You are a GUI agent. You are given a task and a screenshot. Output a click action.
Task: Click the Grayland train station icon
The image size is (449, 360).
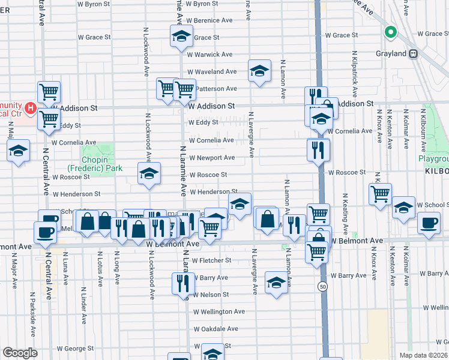[413, 54]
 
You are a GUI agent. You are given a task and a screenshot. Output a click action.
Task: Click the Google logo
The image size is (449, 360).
[19, 353]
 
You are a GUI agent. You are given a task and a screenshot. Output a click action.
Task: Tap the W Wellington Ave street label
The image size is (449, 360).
[218, 312]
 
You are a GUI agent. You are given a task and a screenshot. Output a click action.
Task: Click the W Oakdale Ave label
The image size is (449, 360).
[215, 329]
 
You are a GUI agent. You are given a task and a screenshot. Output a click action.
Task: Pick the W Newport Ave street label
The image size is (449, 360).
[212, 158]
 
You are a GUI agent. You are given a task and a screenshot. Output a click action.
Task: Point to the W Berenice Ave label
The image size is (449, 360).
[213, 20]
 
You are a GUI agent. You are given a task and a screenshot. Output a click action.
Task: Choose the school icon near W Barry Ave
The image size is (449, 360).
[276, 283]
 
